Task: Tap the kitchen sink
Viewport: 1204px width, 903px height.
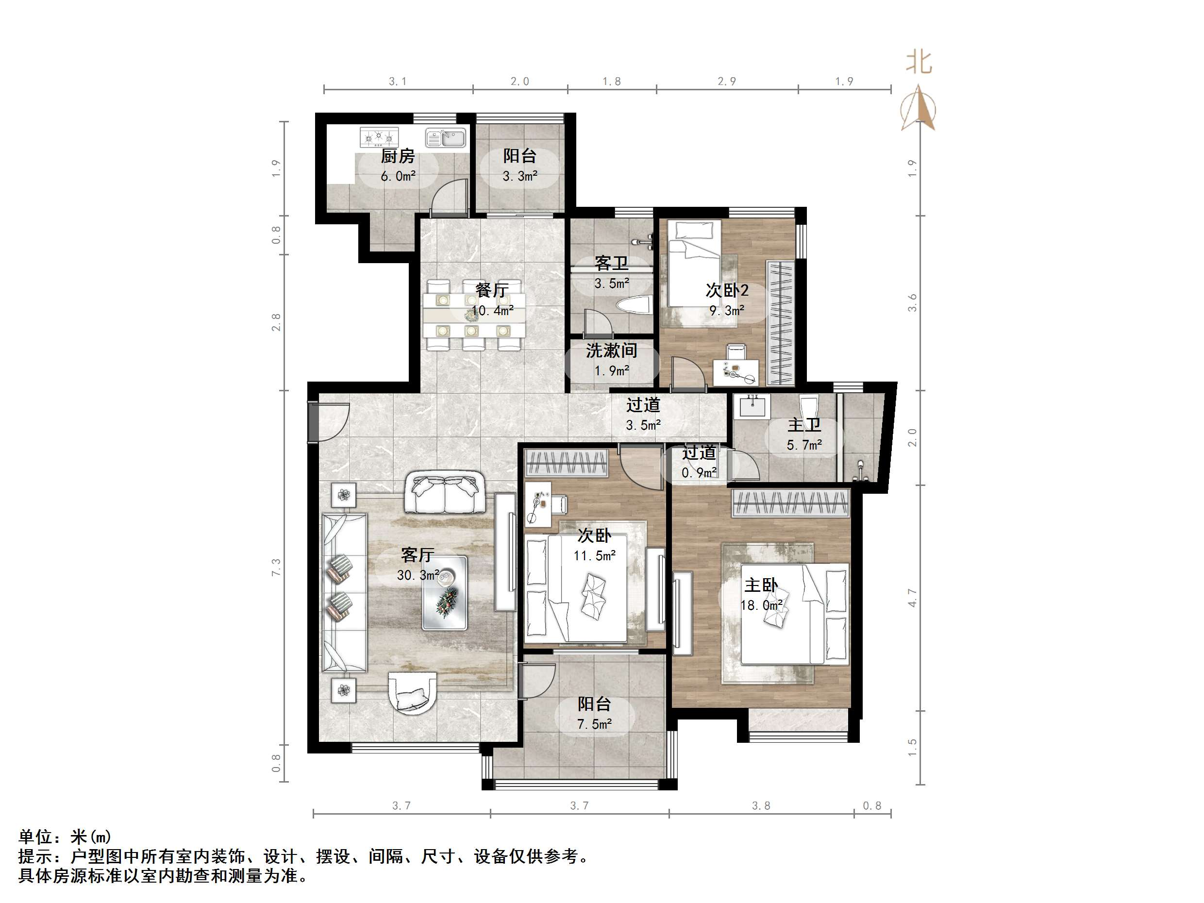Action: click(446, 138)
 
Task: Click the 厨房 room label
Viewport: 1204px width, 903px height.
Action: click(398, 156)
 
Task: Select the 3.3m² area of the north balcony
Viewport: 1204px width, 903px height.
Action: click(520, 176)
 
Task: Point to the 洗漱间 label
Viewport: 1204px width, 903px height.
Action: click(611, 351)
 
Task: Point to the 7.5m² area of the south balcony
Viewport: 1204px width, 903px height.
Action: click(594, 724)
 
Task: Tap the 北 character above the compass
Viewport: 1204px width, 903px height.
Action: click(920, 62)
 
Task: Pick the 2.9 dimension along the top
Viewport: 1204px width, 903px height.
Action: click(727, 82)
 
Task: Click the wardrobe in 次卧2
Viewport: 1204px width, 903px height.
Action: click(780, 323)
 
